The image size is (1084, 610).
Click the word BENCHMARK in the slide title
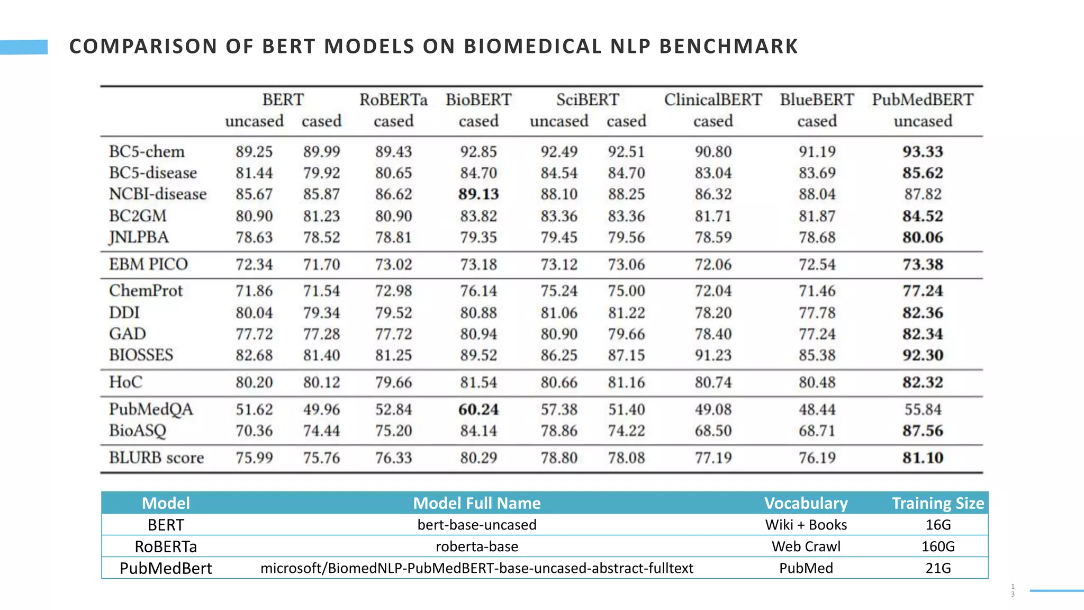(728, 47)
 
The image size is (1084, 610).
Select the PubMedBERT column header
(923, 100)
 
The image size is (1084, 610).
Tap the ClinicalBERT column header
(713, 100)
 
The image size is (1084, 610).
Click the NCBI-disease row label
(158, 194)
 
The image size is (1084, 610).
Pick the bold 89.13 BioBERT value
(478, 194)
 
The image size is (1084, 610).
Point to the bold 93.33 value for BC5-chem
(923, 151)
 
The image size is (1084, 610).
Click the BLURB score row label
(156, 457)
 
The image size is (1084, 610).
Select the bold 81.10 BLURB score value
(923, 457)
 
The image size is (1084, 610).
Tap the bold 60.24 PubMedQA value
(478, 409)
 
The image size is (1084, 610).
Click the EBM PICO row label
(148, 264)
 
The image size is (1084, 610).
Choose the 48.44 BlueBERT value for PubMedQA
(817, 409)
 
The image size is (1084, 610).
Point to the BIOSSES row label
(141, 355)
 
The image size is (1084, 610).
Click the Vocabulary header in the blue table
(806, 503)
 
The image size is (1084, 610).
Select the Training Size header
(938, 503)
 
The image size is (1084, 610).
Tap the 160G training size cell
(938, 546)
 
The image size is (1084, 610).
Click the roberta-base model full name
(477, 546)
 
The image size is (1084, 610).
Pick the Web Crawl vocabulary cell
(806, 546)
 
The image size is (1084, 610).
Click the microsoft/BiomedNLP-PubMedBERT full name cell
(477, 568)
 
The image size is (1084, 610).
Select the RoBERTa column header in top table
(393, 100)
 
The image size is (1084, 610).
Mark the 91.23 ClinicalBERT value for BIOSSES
(713, 355)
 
